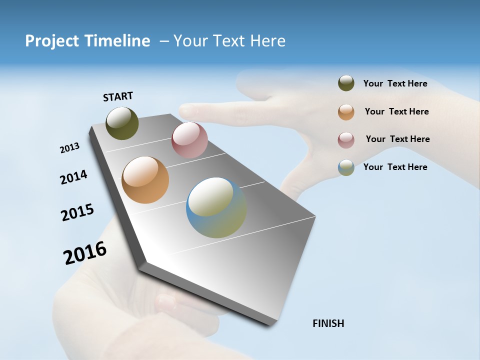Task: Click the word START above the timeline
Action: (x=118, y=96)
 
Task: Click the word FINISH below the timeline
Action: (x=328, y=323)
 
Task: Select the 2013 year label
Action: (x=69, y=148)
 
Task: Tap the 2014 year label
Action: (x=73, y=177)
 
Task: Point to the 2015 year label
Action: (x=77, y=212)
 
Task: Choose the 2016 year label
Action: (x=85, y=252)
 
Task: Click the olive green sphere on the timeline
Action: (x=122, y=123)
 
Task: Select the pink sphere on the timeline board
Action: (x=189, y=140)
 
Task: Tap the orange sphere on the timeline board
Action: (x=145, y=180)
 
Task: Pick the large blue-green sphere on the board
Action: (x=216, y=207)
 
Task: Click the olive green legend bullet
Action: (x=346, y=83)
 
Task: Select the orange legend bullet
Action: (x=346, y=112)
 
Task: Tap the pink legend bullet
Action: (x=346, y=140)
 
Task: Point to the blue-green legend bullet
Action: (x=346, y=167)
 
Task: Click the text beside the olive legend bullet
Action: (x=395, y=83)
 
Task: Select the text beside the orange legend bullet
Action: (x=396, y=111)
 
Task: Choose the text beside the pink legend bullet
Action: (x=397, y=139)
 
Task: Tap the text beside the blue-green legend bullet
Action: (x=395, y=167)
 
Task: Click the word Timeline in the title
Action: (x=114, y=41)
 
